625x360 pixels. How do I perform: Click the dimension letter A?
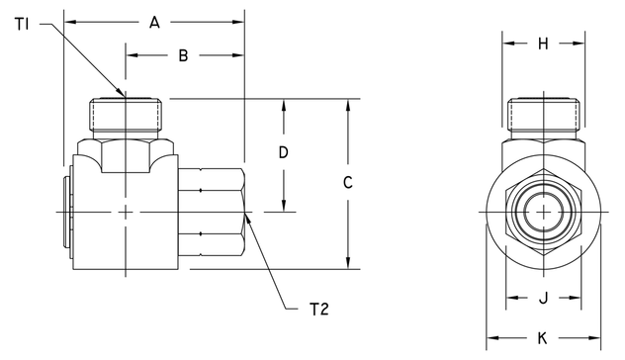[153, 21]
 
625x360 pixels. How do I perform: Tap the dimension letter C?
[347, 183]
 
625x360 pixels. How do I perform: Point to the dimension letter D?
[284, 153]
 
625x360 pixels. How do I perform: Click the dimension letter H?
[543, 43]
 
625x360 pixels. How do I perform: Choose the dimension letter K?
[543, 333]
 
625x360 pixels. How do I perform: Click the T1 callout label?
[24, 22]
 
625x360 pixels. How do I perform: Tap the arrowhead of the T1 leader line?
[122, 95]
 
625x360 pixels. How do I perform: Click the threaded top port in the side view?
[126, 118]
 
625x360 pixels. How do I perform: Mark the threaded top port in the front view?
[543, 118]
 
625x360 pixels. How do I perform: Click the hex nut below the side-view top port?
[127, 153]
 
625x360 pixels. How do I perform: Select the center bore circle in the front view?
[543, 213]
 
